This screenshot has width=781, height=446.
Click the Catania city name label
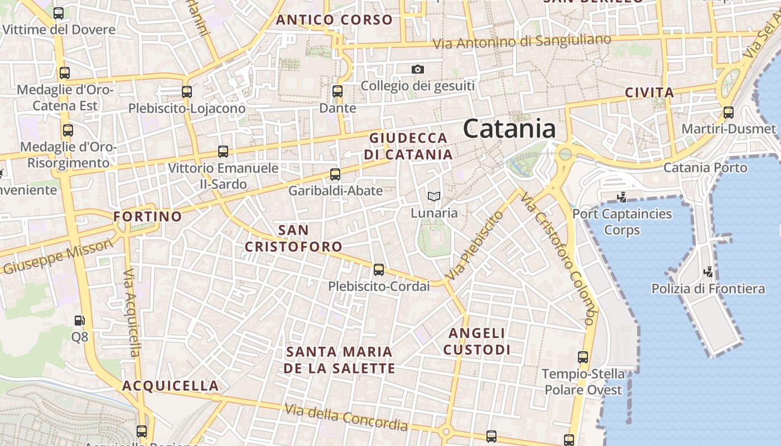click(509, 129)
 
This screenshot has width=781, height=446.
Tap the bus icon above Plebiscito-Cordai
click(379, 270)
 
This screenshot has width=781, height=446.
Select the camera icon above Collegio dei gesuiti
click(418, 69)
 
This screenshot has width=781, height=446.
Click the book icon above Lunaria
click(433, 196)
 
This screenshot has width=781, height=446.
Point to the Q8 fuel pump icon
click(80, 320)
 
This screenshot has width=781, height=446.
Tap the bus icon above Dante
click(337, 91)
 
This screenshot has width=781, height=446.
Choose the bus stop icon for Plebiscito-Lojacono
click(187, 91)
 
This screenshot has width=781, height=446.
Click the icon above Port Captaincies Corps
click(622, 197)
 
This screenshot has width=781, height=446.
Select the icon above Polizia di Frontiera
click(708, 272)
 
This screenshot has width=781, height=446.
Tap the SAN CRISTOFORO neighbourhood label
click(293, 238)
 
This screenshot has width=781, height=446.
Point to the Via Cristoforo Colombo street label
click(557, 259)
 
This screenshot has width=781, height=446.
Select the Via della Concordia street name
click(346, 417)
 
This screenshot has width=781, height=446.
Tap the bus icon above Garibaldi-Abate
click(335, 174)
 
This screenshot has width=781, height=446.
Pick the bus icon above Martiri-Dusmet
click(729, 113)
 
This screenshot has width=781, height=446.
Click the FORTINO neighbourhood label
click(148, 216)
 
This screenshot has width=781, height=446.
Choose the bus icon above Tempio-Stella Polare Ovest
click(583, 357)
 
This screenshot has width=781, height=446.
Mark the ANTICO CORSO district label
click(335, 20)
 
